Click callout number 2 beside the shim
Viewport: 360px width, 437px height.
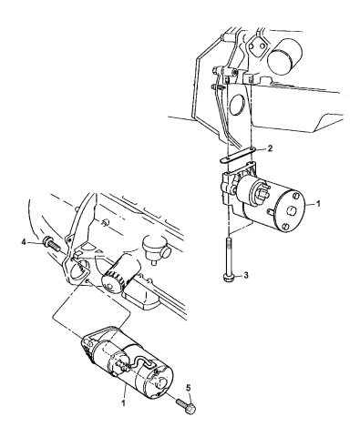tap(261, 147)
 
